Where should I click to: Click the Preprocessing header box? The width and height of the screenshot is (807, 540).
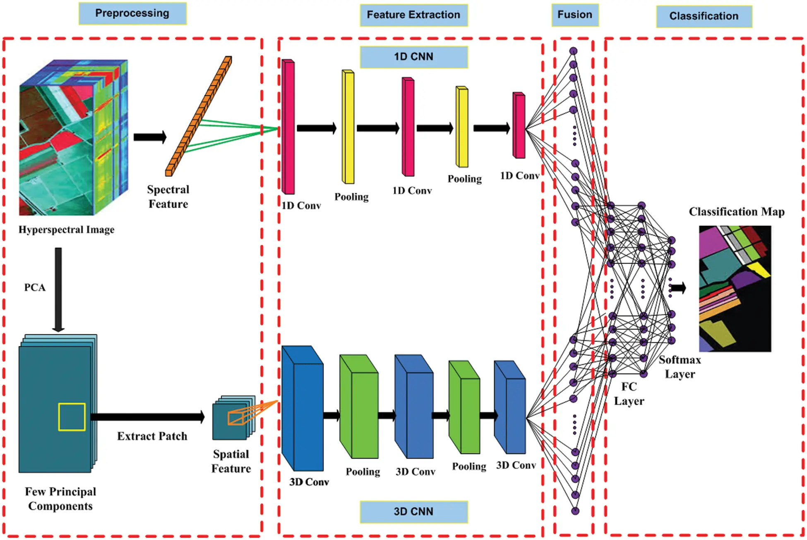(x=132, y=14)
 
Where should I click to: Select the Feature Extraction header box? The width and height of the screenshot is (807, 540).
(x=413, y=15)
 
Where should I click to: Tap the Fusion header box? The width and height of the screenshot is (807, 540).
(x=574, y=15)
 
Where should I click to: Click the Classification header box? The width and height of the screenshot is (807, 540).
(x=704, y=17)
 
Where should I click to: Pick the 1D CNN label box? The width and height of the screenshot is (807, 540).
(x=413, y=57)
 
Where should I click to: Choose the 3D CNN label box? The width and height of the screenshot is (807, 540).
(x=413, y=512)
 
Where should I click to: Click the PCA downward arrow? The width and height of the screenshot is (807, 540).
(x=58, y=290)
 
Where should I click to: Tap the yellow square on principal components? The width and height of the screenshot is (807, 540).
(x=72, y=417)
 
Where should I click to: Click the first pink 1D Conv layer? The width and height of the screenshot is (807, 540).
(x=288, y=127)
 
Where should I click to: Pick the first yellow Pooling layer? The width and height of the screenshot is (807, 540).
(x=348, y=127)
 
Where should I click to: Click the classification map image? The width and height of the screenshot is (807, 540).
(x=735, y=288)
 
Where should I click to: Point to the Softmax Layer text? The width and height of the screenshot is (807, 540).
(x=680, y=367)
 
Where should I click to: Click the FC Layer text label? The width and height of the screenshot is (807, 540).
(x=629, y=394)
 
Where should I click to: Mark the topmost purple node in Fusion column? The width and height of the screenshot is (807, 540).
(x=573, y=51)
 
